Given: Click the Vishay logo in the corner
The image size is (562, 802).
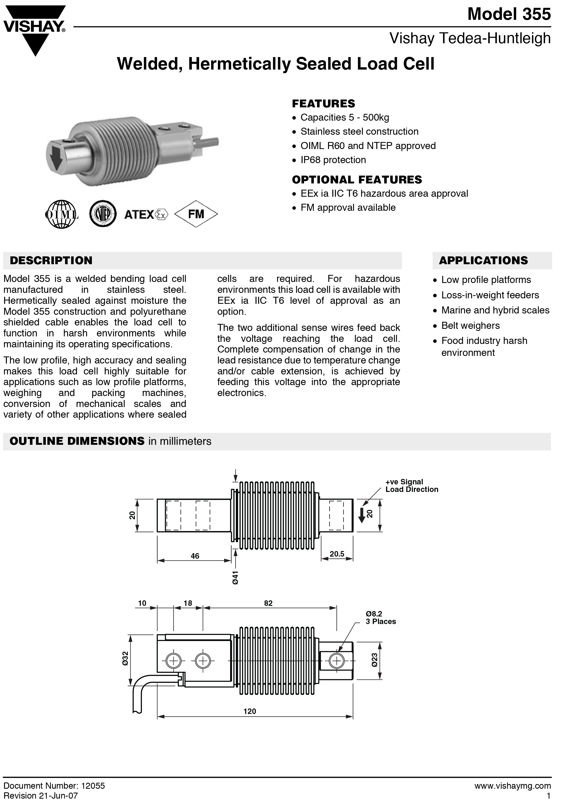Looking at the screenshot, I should coord(34,29).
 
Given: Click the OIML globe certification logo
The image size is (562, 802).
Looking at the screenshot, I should coord(61,214).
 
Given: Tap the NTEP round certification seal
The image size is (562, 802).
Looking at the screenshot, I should coord(102,214).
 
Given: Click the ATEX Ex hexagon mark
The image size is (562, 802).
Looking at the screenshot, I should coord(162,214).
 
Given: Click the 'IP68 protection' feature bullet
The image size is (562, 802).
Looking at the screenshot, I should coord(333,160).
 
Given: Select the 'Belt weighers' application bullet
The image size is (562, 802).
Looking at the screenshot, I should coord(470,325).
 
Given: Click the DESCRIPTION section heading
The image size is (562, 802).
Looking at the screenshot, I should coord(51,261).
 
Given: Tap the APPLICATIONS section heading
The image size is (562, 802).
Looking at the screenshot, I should coord(483,261).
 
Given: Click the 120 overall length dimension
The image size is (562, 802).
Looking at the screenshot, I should coord(250,711).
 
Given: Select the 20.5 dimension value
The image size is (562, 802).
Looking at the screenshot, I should coord(337,554).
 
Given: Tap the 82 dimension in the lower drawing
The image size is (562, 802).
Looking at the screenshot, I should coord(268,603).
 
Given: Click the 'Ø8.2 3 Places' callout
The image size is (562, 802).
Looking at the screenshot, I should coord(381,618).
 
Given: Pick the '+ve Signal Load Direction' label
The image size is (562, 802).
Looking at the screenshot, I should coord(412,485).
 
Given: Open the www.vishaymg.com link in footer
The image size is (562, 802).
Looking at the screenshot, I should coord(513,786).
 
